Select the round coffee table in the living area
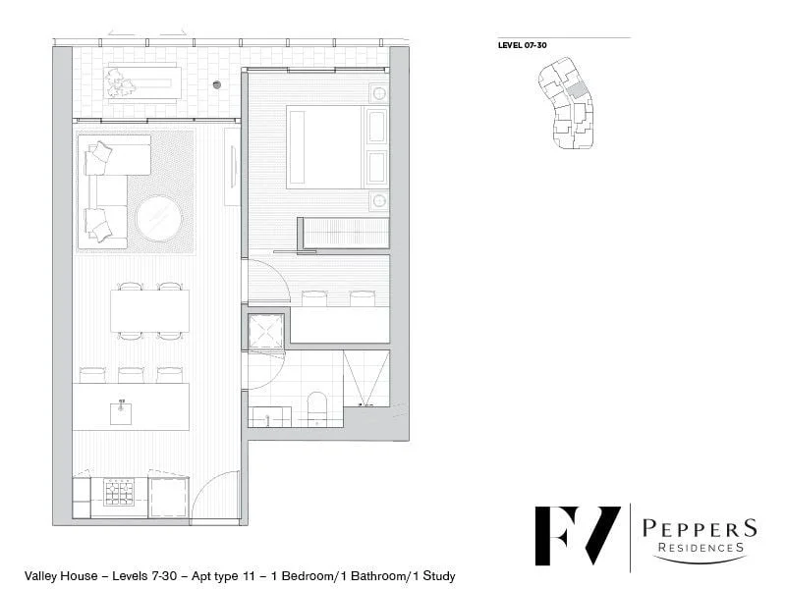click(158, 219)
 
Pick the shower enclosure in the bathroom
click(365, 377)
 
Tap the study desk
click(339, 325)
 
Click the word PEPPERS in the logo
click(699, 529)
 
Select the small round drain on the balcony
click(217, 83)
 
